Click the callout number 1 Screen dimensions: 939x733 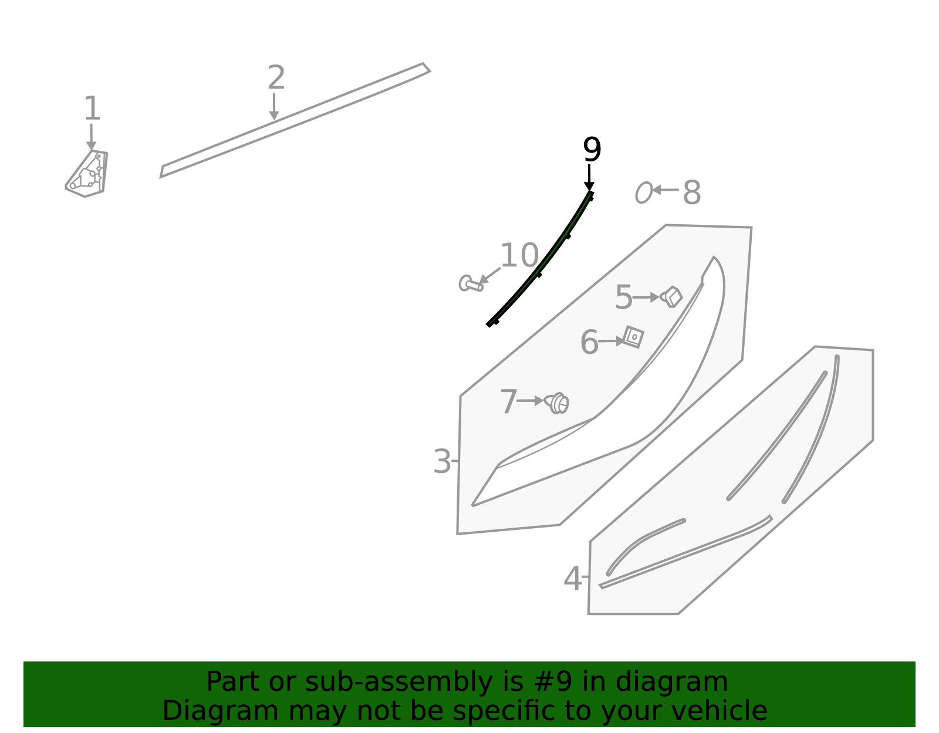[x=92, y=109]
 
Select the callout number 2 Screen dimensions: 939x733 [x=276, y=77]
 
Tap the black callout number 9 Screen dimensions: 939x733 [x=592, y=150]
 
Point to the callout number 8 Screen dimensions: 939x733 [x=691, y=192]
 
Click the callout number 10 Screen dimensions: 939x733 [x=519, y=255]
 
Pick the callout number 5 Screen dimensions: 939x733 [x=623, y=297]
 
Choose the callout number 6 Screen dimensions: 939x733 [x=589, y=342]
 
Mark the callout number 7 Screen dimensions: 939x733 [x=508, y=401]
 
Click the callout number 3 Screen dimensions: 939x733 [x=442, y=461]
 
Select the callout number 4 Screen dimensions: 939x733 [x=573, y=579]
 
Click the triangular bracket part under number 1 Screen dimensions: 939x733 [x=87, y=174]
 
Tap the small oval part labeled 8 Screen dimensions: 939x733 [x=643, y=192]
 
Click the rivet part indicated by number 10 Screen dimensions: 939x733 [x=471, y=284]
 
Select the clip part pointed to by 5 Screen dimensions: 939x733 [x=671, y=297]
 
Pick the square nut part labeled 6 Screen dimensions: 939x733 [x=634, y=337]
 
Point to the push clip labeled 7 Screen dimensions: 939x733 [x=557, y=403]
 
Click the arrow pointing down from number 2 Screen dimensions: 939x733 [x=274, y=107]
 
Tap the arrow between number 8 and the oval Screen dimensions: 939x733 [x=665, y=190]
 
